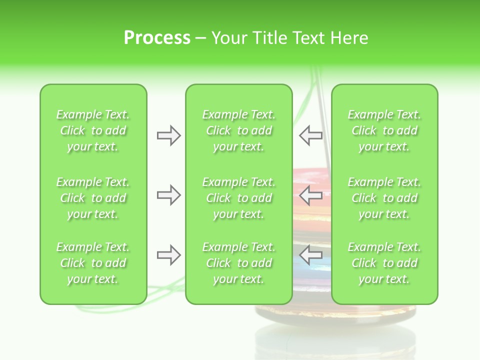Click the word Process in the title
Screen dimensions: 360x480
coord(157,38)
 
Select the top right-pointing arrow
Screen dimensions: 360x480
coord(168,135)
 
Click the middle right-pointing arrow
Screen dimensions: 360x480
coord(168,195)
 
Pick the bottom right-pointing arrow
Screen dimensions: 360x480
coord(168,255)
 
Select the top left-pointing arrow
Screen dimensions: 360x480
coord(311,135)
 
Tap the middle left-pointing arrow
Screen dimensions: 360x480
coord(311,195)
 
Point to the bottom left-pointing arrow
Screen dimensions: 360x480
coord(311,255)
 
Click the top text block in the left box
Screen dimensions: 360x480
coord(93,130)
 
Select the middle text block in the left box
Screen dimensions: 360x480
coord(93,198)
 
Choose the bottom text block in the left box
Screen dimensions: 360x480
coord(93,263)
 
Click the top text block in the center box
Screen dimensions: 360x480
coord(239,130)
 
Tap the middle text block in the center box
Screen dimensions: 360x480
coord(239,198)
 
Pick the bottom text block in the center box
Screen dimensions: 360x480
coord(239,263)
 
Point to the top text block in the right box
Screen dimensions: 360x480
coord(384,130)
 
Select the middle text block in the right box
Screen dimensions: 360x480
coord(384,198)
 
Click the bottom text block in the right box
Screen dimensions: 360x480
coord(384,263)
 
